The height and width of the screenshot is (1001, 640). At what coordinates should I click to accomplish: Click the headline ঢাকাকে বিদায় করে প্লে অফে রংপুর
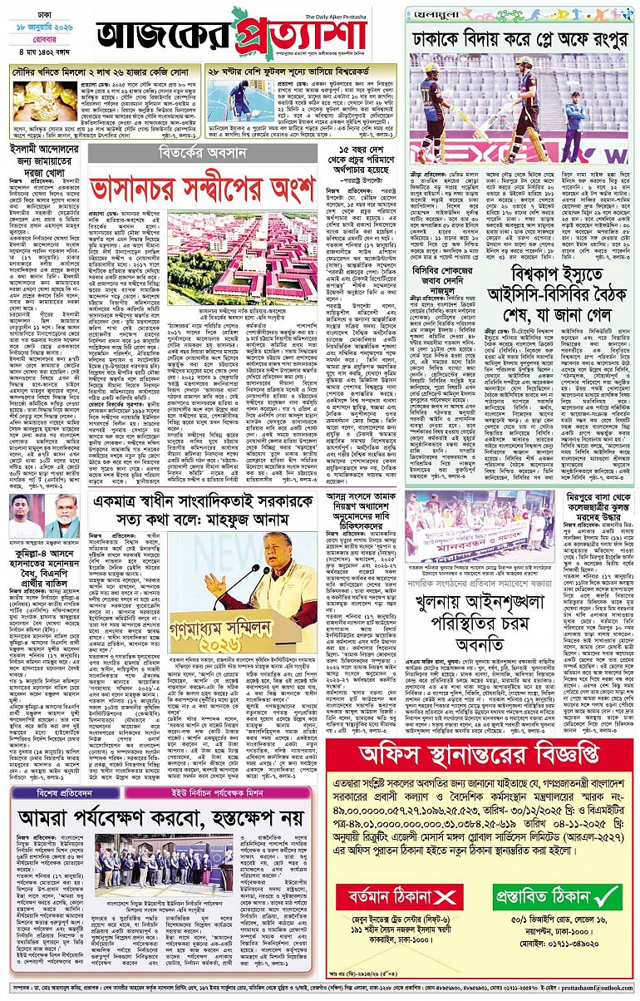click(x=519, y=40)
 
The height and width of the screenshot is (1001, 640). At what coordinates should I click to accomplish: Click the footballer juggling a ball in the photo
click(x=240, y=96)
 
